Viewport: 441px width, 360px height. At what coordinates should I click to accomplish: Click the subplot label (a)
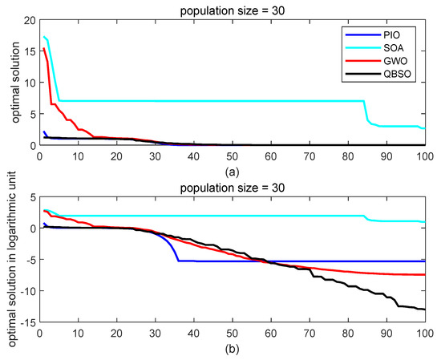(233, 170)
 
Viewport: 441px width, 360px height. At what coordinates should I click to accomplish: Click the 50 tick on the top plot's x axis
(233, 155)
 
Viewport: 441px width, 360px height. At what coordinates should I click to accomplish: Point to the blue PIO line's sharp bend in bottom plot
(177, 261)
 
